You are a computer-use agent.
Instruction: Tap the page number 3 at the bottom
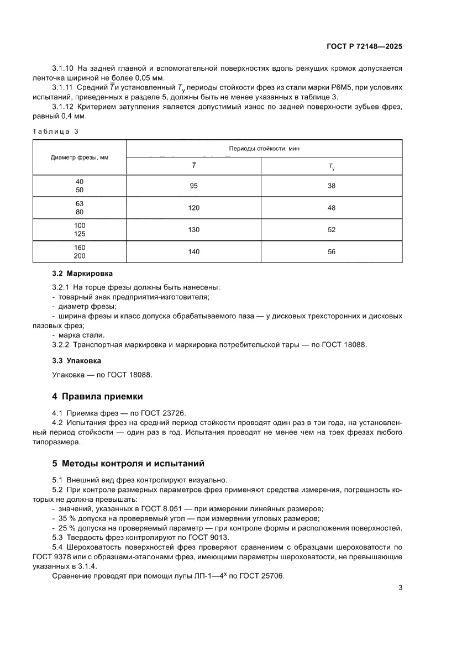[x=400, y=587]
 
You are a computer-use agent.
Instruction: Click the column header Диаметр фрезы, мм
[x=80, y=157]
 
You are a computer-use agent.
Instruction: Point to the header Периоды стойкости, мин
[x=264, y=149]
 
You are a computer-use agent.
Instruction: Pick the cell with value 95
[x=193, y=186]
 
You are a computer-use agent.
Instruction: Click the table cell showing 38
[x=332, y=186]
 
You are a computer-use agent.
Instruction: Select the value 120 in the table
[x=193, y=208]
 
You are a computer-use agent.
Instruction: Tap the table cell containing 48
[x=332, y=208]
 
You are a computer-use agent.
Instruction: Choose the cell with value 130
[x=193, y=230]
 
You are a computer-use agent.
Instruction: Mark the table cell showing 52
[x=332, y=230]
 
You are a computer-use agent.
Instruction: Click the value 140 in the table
[x=193, y=252]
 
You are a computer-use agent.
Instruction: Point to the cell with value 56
[x=332, y=252]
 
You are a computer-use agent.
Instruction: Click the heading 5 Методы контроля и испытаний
[x=128, y=463]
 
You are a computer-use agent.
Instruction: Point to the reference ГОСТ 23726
[x=166, y=412]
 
